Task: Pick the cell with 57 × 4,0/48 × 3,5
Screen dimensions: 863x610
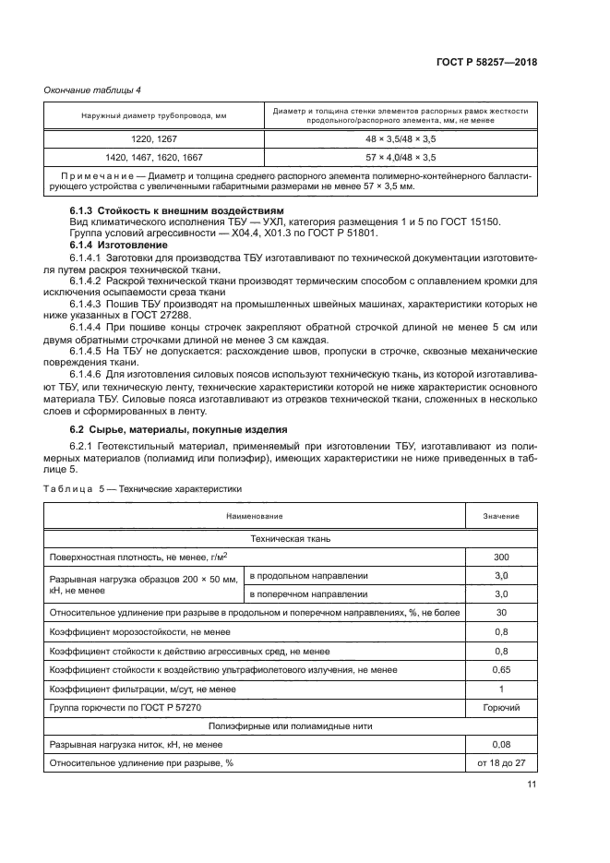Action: click(x=401, y=157)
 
